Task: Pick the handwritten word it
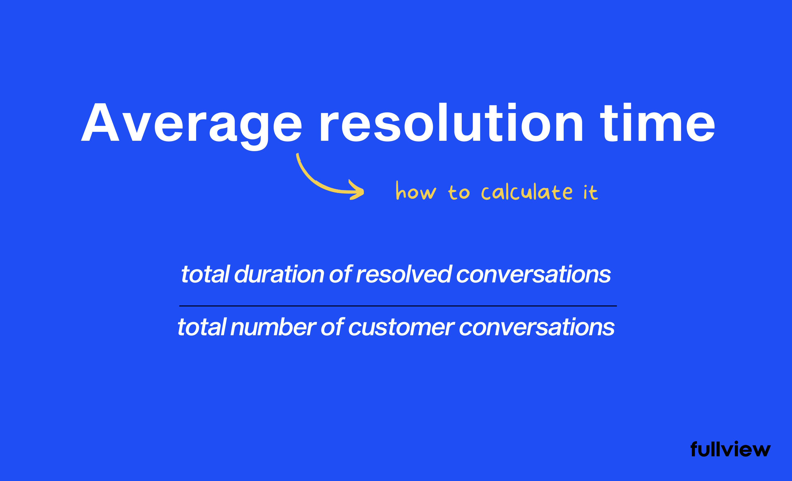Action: coord(590,192)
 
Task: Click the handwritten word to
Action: coord(459,192)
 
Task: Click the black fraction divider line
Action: coord(398,306)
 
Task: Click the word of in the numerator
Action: coord(341,275)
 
